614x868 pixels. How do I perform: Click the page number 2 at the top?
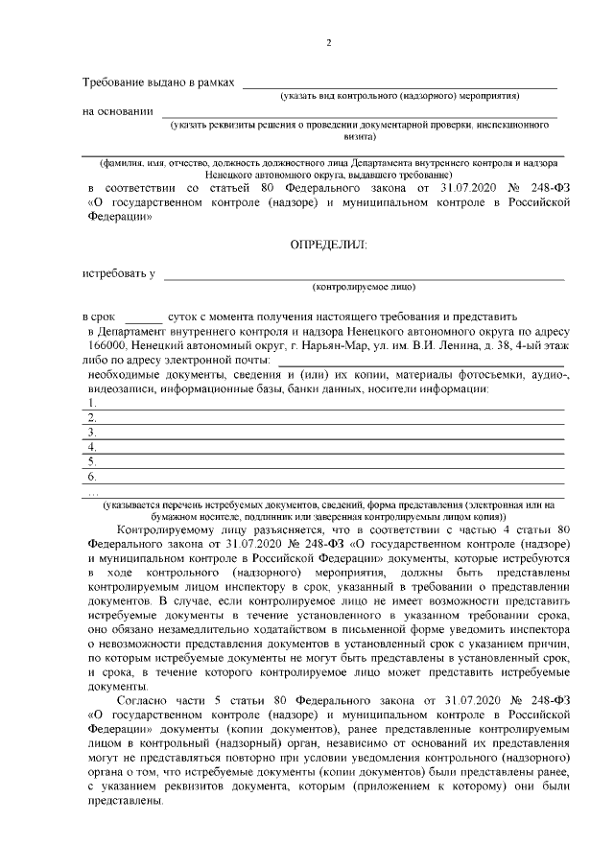point(328,43)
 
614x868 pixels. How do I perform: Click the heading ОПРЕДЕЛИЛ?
point(328,246)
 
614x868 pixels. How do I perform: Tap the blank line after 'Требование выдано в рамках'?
point(398,85)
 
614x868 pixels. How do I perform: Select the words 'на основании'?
point(118,111)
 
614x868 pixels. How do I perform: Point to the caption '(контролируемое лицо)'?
point(364,288)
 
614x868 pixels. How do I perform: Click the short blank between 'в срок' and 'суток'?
point(144,317)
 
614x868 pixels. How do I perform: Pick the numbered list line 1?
point(326,404)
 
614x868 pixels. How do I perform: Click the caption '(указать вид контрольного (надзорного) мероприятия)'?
point(399,97)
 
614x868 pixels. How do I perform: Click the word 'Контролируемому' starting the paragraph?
point(163,528)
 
